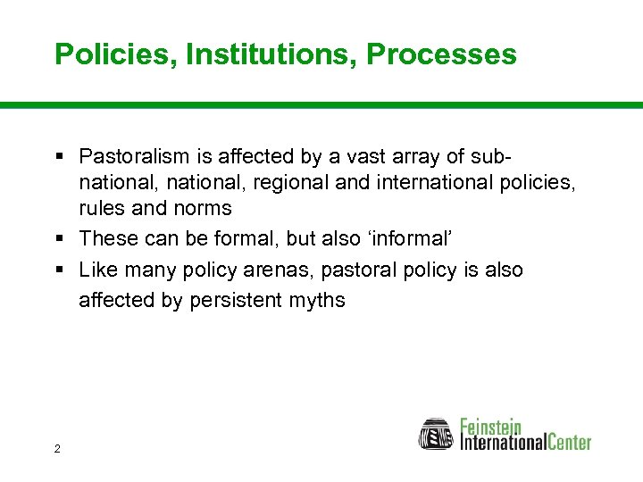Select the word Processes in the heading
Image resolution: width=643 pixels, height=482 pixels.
pos(441,54)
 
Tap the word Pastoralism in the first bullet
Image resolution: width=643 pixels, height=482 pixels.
pos(134,157)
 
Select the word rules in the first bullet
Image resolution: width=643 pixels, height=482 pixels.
pos(101,209)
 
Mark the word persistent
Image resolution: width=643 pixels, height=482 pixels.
pos(235,301)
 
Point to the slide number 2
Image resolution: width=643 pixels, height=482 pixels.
pos(57,448)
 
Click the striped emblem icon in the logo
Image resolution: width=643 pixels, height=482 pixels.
pos(437,434)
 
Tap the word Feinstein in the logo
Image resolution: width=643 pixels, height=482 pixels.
pos(490,425)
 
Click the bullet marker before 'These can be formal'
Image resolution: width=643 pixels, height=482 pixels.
pos(59,239)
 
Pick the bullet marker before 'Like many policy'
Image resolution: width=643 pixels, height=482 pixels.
pos(59,270)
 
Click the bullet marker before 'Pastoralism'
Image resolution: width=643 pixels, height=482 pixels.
pos(59,157)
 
